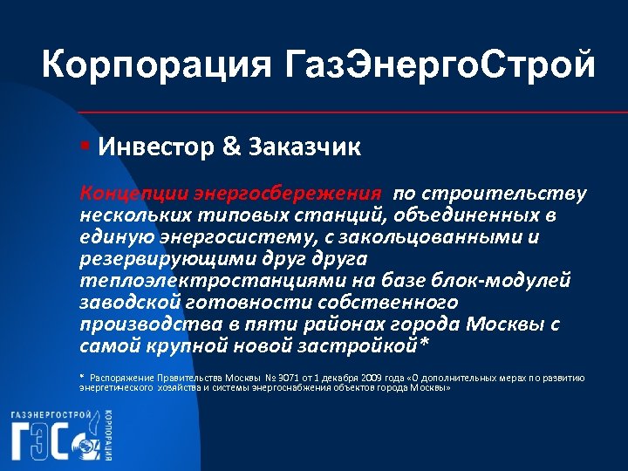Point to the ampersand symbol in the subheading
point(233,146)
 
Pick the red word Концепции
point(131,193)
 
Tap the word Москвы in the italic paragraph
point(506,324)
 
